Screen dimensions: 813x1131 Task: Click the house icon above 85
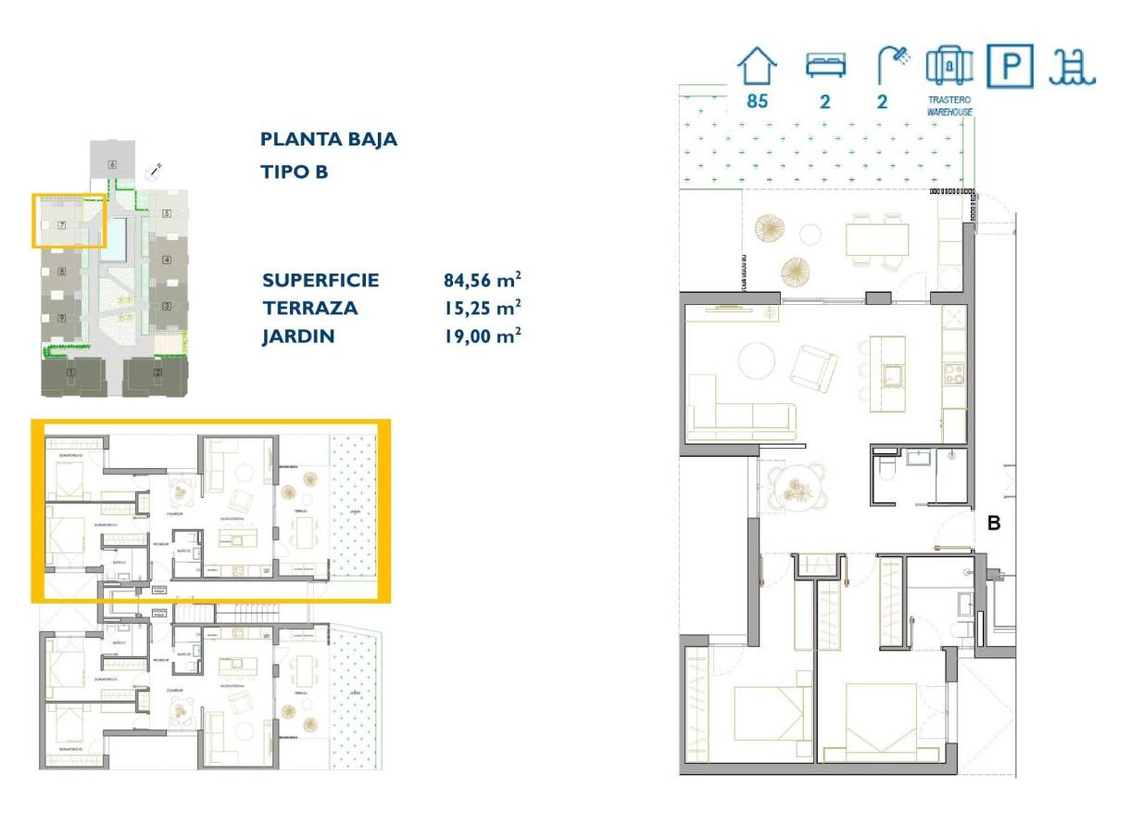tap(757, 67)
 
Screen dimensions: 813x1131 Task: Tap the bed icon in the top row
tap(824, 65)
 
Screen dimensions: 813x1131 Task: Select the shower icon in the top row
tap(892, 66)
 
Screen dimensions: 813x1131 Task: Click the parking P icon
tap(1009, 66)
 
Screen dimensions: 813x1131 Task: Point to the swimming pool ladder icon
tap(1072, 66)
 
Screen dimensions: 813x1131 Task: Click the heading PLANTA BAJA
tap(329, 140)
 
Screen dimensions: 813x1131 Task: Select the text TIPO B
tap(295, 171)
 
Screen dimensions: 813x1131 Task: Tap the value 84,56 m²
tap(482, 280)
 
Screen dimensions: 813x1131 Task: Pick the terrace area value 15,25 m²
tap(482, 308)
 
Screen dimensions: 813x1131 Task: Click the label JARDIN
tap(298, 337)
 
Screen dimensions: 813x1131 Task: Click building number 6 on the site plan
tap(112, 165)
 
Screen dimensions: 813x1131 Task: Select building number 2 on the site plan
tap(157, 373)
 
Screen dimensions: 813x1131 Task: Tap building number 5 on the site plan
tap(167, 213)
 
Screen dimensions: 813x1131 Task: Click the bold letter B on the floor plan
tap(994, 524)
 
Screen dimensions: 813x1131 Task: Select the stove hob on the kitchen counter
tap(953, 374)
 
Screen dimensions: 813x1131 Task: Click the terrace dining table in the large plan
tap(876, 240)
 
